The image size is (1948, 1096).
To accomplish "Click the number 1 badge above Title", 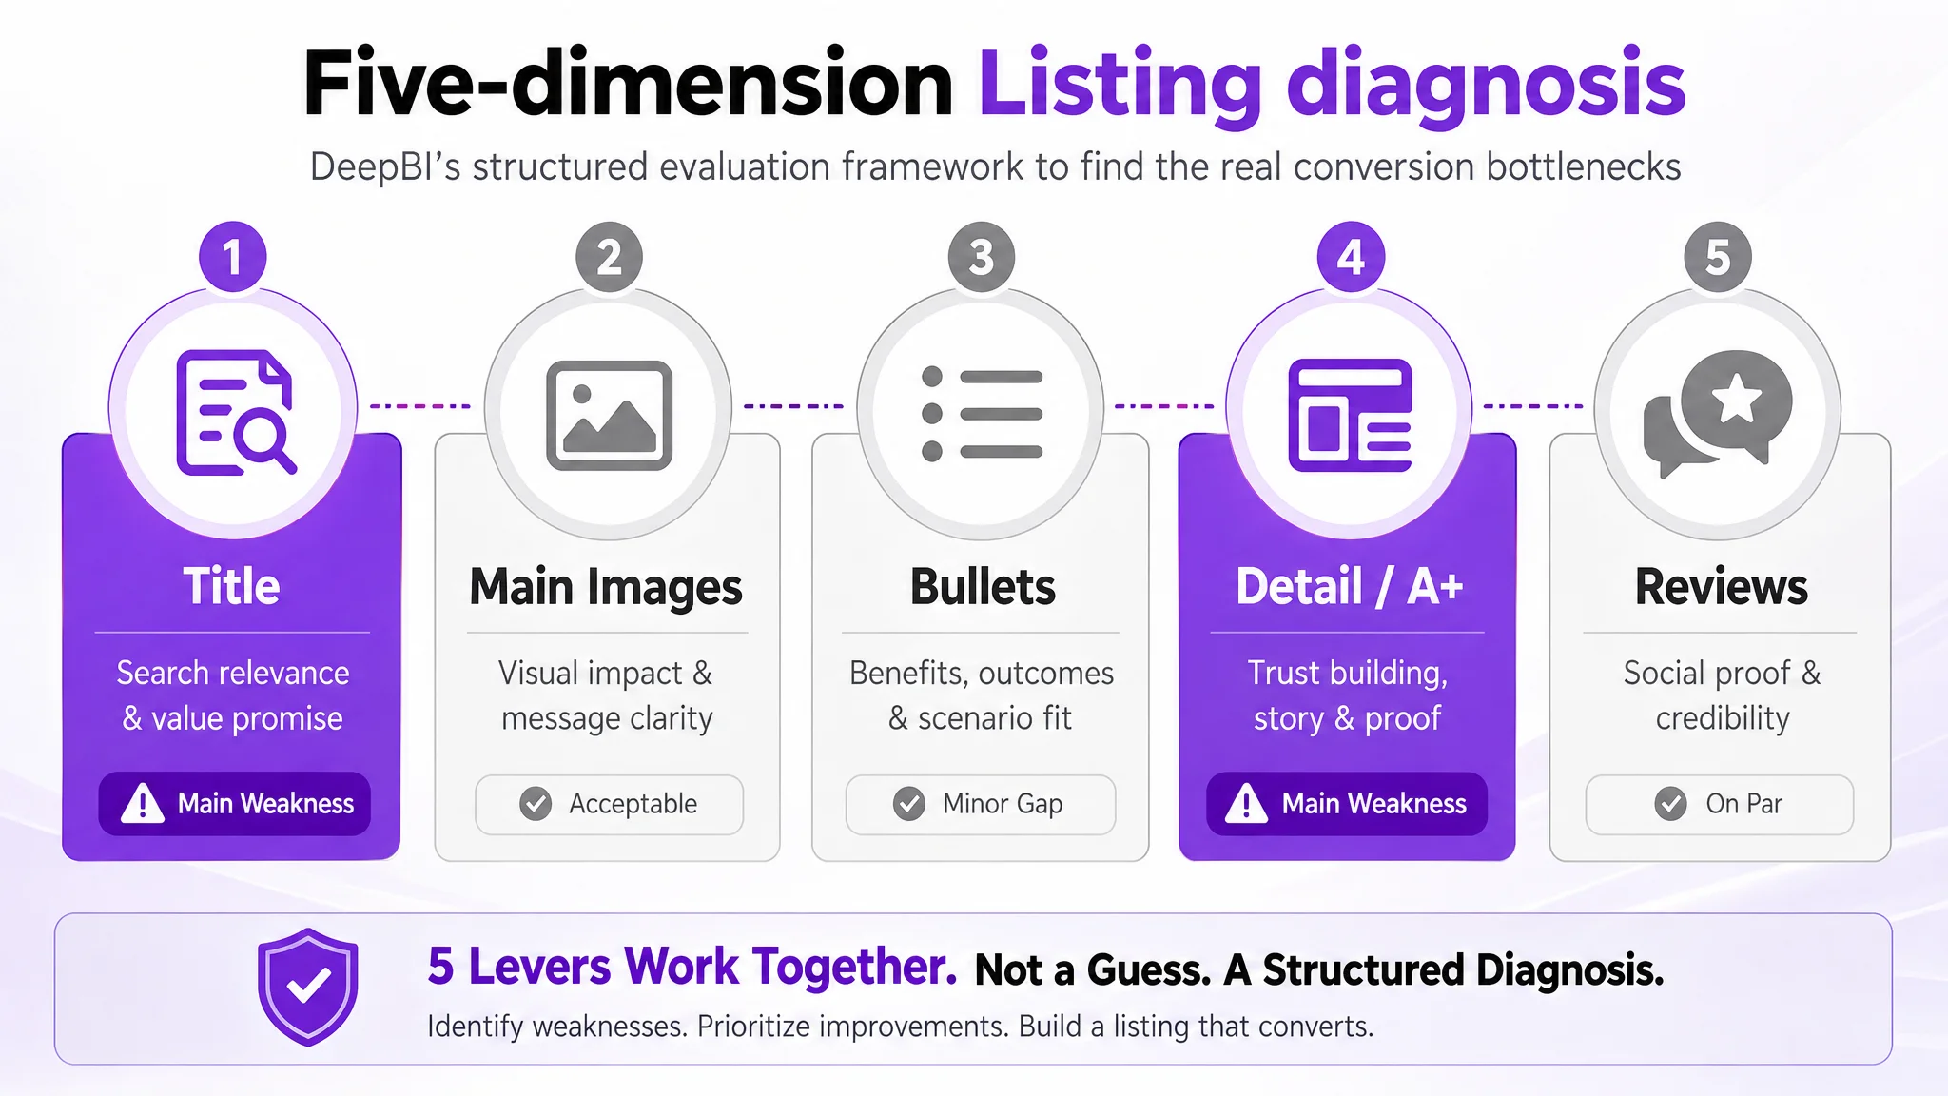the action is [233, 257].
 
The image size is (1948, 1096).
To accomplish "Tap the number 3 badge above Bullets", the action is [982, 257].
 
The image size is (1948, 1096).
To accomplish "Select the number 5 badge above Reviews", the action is [1718, 257].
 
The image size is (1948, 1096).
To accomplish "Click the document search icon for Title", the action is [235, 412].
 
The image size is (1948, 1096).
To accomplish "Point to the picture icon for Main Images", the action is [609, 415].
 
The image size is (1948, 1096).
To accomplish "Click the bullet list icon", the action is [982, 414].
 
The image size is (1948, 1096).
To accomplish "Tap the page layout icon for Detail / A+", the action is [1350, 415].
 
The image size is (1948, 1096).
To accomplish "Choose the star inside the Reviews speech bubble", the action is [1737, 399].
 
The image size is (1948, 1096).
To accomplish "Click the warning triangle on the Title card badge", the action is [143, 803].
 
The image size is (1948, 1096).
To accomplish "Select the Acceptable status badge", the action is [609, 804].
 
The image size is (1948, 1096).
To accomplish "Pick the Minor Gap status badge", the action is [981, 804].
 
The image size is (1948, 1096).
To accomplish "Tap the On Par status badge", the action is [1720, 804].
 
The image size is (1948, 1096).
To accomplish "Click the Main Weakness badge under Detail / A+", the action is [1347, 804].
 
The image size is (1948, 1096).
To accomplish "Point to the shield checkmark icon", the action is [308, 988].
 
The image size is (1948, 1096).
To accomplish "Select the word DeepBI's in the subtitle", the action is [385, 167].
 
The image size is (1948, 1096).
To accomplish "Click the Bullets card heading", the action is [983, 586].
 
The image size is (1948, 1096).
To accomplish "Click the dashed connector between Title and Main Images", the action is [420, 406].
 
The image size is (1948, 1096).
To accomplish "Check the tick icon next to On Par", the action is [1670, 804].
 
